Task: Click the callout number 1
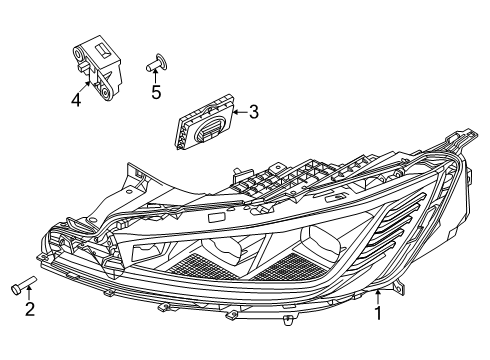(377, 342)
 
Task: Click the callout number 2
(29, 309)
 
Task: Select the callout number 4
(75, 98)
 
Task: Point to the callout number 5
(155, 93)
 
